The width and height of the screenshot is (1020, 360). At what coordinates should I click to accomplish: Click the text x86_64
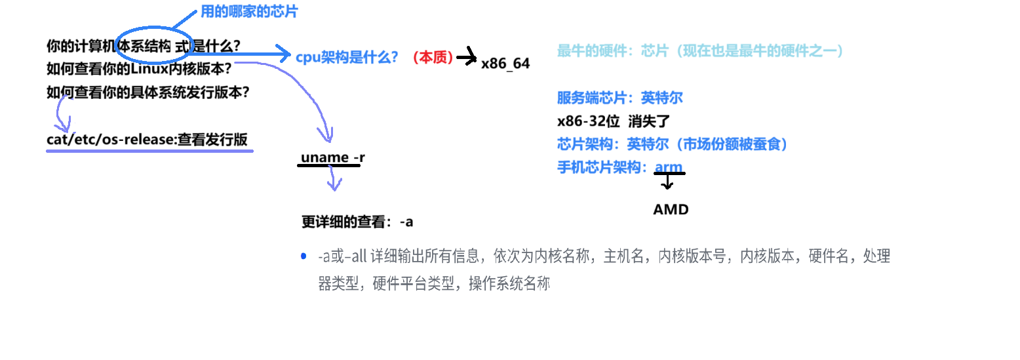[505, 64]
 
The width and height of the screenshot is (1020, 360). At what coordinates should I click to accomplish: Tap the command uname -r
[332, 157]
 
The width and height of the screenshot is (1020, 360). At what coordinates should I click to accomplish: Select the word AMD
[671, 210]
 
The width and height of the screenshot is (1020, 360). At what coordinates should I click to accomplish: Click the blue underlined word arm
[669, 167]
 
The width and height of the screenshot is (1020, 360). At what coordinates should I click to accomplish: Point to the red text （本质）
[433, 58]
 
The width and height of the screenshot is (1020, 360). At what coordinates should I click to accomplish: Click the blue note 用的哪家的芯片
[243, 12]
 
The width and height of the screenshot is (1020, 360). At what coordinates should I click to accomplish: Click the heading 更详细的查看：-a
[357, 222]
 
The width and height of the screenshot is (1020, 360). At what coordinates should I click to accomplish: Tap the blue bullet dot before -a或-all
[303, 256]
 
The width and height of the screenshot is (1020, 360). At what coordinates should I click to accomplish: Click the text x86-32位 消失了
[612, 121]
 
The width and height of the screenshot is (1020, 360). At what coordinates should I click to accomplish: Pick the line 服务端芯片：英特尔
[619, 98]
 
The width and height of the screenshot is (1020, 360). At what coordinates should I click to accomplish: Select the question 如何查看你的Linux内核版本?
[139, 68]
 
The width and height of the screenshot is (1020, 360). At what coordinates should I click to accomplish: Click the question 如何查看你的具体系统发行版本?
[147, 92]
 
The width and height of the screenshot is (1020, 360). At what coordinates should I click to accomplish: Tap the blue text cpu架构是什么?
[347, 57]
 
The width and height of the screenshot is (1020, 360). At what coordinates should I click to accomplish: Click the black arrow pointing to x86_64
[467, 58]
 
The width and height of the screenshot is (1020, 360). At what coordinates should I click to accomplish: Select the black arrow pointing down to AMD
[667, 182]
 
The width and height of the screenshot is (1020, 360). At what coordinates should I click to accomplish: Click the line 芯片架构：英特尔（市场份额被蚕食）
[672, 144]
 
